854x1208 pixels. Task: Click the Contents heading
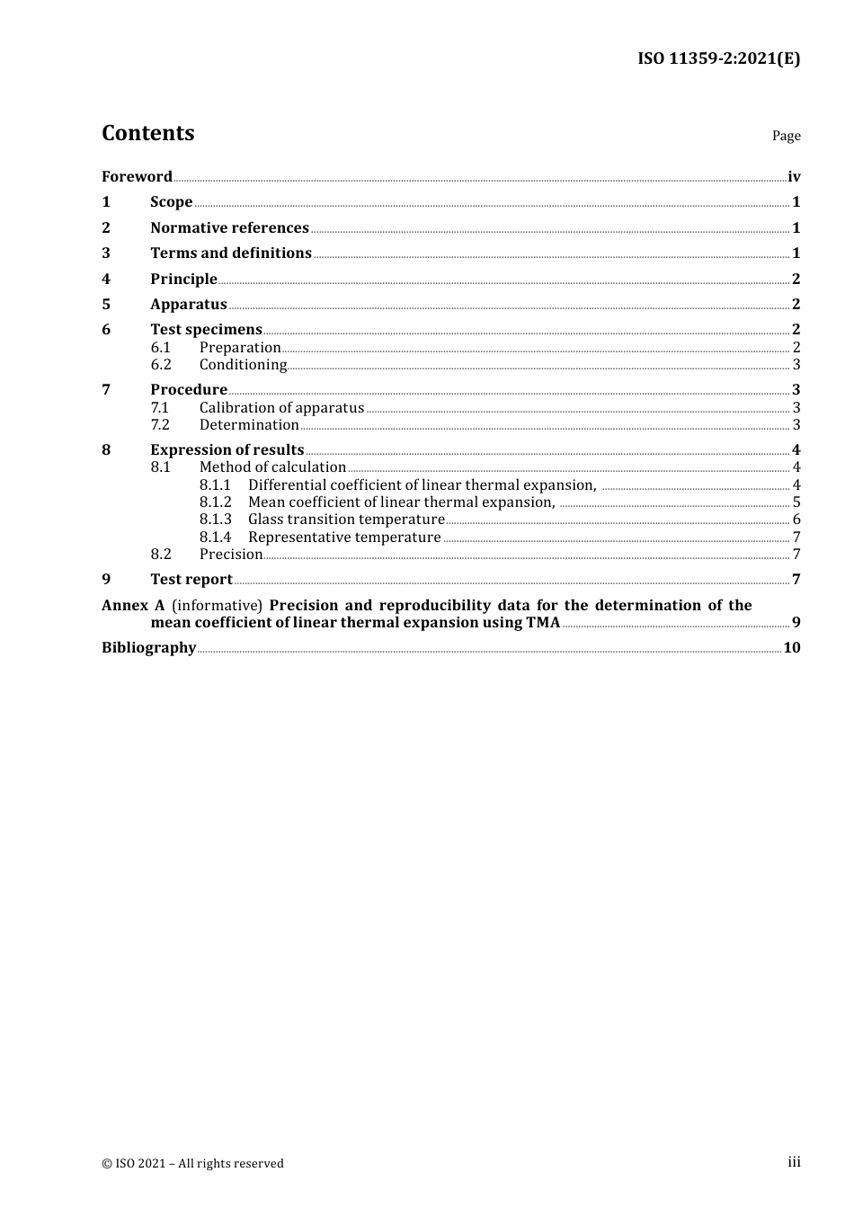(147, 133)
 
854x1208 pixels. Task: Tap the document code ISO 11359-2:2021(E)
(718, 58)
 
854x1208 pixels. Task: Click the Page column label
(786, 136)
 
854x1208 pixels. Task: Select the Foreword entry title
(137, 176)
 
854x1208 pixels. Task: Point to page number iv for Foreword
(794, 176)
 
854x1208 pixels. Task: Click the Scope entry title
(171, 202)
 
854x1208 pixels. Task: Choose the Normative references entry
(229, 228)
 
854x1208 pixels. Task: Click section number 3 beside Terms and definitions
(106, 253)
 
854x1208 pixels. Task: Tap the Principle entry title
(183, 280)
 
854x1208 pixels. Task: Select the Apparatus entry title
(188, 305)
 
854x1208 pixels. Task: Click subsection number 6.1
(160, 348)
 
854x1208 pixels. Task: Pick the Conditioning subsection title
(243, 365)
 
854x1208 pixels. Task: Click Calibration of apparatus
(281, 408)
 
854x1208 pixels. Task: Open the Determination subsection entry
(249, 425)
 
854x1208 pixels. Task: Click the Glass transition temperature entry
(346, 520)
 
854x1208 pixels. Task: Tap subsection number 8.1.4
(215, 537)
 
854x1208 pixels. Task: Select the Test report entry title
(191, 580)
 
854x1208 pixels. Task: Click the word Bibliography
(148, 648)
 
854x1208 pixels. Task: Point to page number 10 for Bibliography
(792, 648)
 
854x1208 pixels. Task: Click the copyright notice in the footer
(192, 1164)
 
